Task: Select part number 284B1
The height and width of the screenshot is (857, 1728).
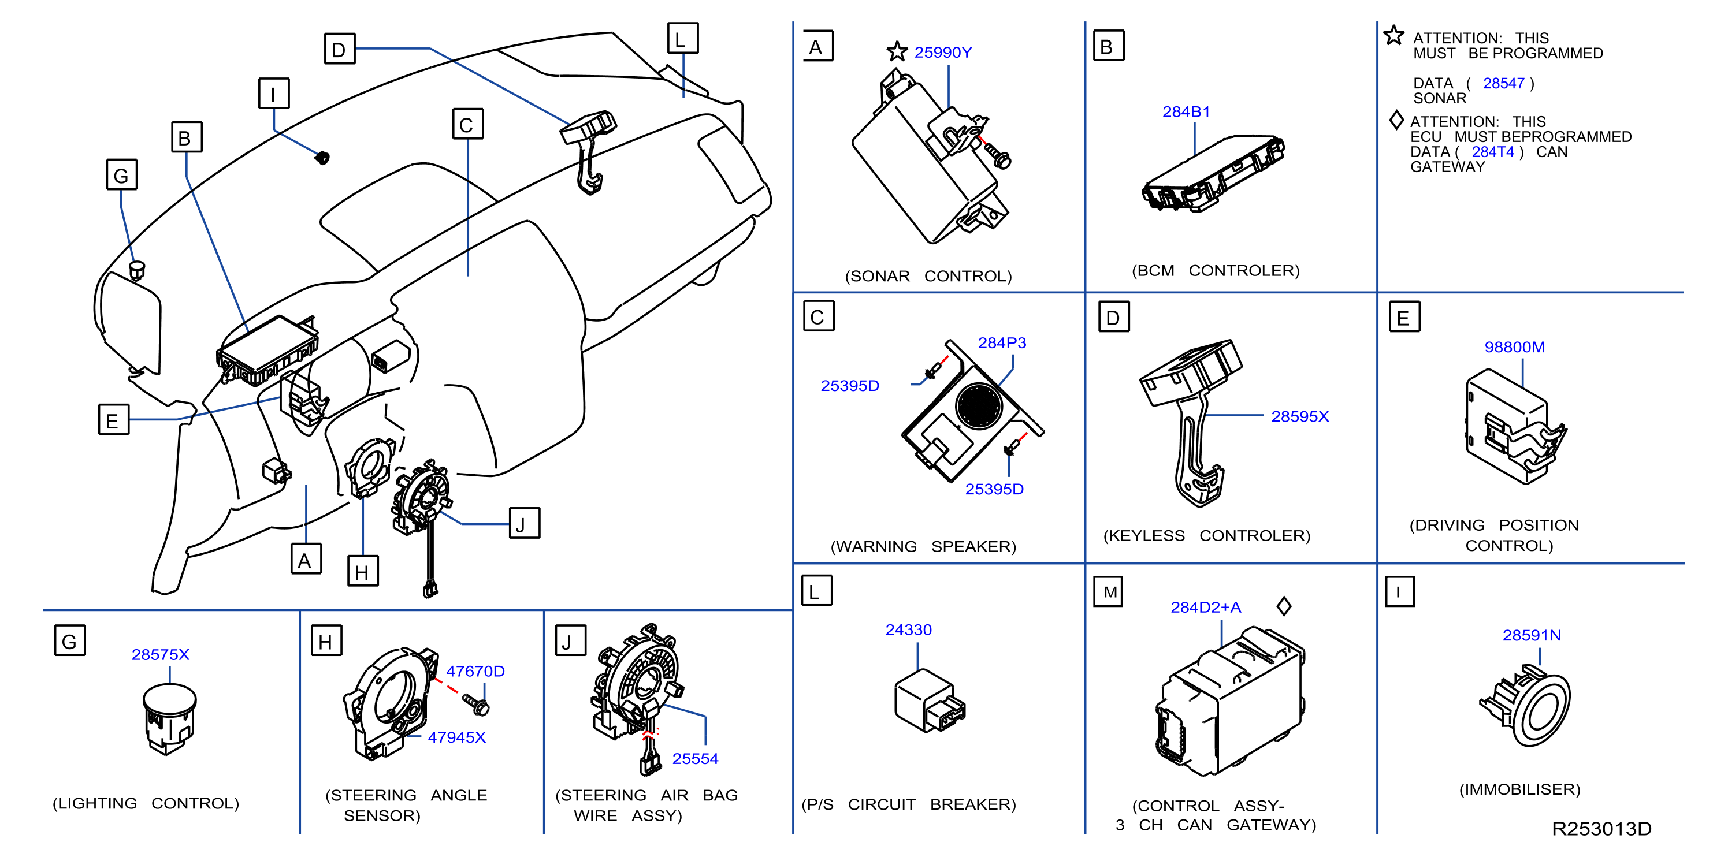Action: (x=1186, y=112)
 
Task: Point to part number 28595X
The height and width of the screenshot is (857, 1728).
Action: (x=1299, y=416)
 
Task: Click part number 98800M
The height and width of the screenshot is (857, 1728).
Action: (x=1514, y=346)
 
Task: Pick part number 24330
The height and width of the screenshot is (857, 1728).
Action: (x=908, y=629)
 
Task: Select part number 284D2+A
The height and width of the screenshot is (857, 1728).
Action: (x=1206, y=607)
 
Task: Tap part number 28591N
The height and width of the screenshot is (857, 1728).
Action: (x=1532, y=635)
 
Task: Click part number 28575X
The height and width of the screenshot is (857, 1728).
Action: (x=161, y=654)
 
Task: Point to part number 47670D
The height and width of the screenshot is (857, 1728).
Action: (x=475, y=671)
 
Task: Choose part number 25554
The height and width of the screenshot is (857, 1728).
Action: (x=695, y=758)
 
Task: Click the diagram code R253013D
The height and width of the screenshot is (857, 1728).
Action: (x=1601, y=829)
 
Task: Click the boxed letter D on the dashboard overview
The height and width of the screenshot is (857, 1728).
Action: (x=340, y=49)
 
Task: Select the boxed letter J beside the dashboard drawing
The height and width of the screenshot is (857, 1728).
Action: (x=524, y=523)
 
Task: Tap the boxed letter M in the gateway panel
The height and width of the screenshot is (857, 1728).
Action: (x=1108, y=591)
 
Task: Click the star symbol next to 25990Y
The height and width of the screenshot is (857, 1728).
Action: (x=897, y=51)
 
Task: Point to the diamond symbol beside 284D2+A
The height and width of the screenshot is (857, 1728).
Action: (x=1284, y=606)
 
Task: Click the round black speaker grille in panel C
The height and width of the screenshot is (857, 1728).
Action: (x=979, y=405)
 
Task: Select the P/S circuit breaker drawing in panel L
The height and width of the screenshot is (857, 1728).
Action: (x=930, y=700)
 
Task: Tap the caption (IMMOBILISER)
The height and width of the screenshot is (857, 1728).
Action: (x=1519, y=789)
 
